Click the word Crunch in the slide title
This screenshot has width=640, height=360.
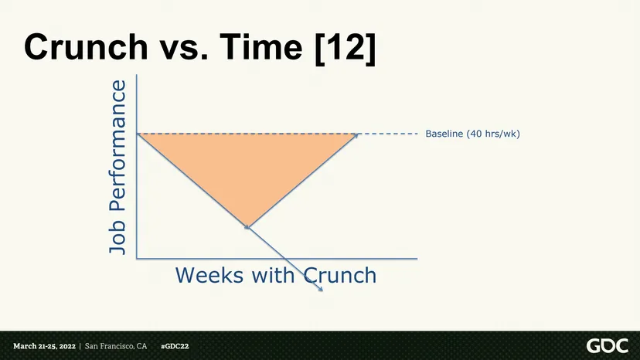pos(86,47)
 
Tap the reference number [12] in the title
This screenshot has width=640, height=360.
pos(346,48)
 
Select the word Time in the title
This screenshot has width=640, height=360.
pos(261,47)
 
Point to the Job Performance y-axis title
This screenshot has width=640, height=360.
pos(117,168)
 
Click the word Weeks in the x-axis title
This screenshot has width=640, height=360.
pos(209,275)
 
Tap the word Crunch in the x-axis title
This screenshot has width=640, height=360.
pos(340,275)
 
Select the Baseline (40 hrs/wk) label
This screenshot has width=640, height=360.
pos(472,134)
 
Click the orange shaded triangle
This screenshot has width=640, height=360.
pos(247,163)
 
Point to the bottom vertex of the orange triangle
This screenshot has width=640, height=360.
pos(248,227)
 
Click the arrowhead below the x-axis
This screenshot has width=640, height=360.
pos(322,290)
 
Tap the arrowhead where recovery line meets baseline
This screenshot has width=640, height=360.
pos(356,134)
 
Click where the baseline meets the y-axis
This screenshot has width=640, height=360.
pos(137,134)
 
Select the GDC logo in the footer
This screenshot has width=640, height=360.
pos(608,346)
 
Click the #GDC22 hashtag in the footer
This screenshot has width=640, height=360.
pos(175,347)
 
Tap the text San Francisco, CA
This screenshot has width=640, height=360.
pos(116,347)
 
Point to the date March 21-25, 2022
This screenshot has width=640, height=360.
pos(45,347)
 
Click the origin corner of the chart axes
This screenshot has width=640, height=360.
pos(137,258)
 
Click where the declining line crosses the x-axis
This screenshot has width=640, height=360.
pos(284,258)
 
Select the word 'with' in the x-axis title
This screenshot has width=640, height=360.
pos(273,275)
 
